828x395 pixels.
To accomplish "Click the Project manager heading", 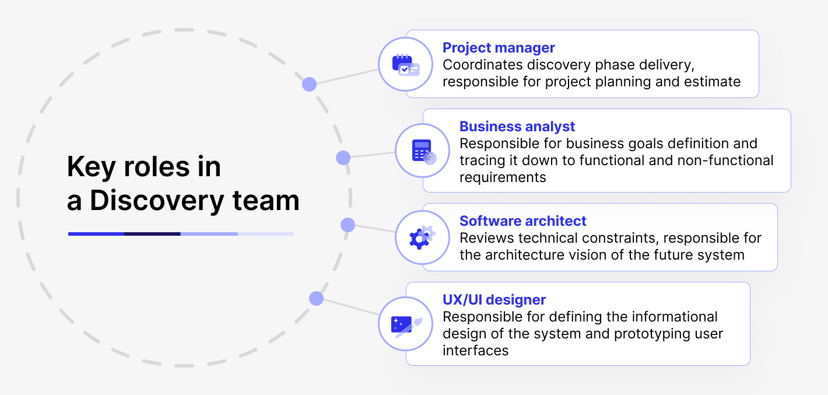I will point(499,48).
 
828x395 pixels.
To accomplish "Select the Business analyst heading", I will point(517,127).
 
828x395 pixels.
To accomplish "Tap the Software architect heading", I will point(522,221).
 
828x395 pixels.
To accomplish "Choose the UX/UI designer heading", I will point(494,300).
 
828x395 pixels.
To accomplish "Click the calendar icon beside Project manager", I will point(405,64).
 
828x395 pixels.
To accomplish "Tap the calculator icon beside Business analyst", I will point(422,151).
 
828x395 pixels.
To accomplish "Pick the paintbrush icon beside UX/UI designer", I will point(405,324).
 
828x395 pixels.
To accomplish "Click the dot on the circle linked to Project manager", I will point(309,85).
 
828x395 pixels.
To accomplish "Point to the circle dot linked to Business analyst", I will point(343,158).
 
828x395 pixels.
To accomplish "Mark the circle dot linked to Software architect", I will point(348,225).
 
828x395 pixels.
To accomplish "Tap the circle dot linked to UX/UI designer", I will point(316,299).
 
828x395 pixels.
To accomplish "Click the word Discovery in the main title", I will point(157,201).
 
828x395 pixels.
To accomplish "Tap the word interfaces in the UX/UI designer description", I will point(475,351).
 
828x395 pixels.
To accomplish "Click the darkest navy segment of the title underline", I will point(152,234).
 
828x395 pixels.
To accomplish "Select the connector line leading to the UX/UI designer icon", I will point(350,307).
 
